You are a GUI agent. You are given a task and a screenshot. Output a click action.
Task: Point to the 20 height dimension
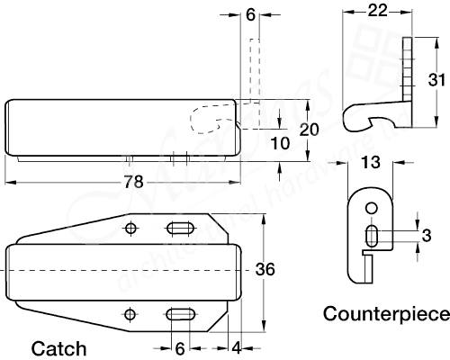point(309,130)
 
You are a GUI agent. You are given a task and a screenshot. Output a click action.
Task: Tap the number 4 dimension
point(235,347)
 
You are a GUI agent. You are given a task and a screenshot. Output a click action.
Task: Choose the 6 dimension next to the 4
point(179,347)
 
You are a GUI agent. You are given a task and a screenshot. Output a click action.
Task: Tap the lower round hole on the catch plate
point(131,313)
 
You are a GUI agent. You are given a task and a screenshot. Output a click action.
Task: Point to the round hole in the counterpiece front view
point(370,210)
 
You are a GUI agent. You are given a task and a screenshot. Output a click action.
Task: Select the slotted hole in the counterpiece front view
point(371,237)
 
